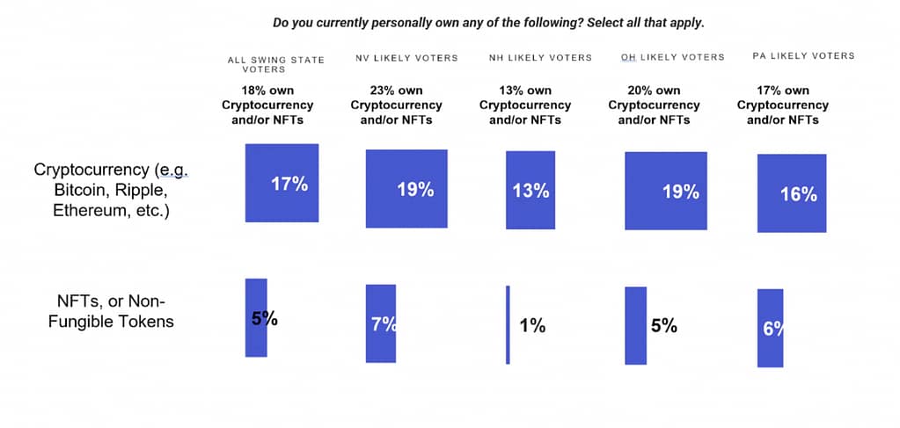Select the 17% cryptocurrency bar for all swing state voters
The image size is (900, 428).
pyautogui.click(x=281, y=183)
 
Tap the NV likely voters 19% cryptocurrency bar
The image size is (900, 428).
pyautogui.click(x=406, y=188)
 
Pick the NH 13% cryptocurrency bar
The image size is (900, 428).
pyautogui.click(x=530, y=190)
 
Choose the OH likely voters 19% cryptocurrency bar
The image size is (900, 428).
pyautogui.click(x=665, y=191)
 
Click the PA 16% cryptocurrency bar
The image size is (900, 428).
pyautogui.click(x=792, y=193)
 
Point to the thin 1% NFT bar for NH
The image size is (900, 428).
pyautogui.click(x=508, y=325)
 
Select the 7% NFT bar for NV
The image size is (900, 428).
pyautogui.click(x=380, y=323)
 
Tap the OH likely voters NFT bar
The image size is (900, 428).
pyautogui.click(x=635, y=325)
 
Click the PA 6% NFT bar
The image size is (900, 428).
pyautogui.click(x=770, y=328)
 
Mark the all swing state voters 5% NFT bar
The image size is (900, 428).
pyautogui.click(x=255, y=317)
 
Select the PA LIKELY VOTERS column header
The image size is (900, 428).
pyautogui.click(x=803, y=56)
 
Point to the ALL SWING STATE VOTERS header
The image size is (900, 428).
pyautogui.click(x=275, y=64)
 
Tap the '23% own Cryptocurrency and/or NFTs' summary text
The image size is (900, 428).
pyautogui.click(x=396, y=105)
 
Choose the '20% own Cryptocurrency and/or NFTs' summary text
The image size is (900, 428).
pyautogui.click(x=654, y=105)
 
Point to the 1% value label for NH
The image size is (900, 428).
pyautogui.click(x=532, y=326)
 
